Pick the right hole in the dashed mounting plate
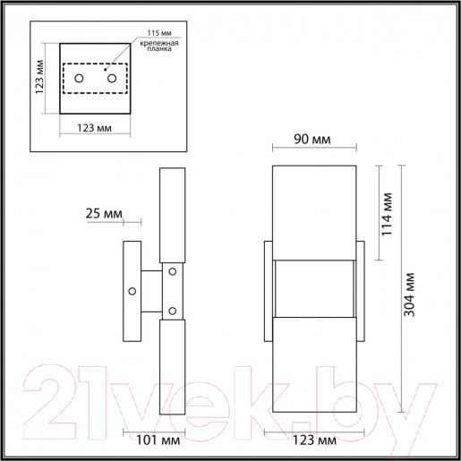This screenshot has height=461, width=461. click(x=112, y=80)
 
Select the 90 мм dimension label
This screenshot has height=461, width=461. click(x=313, y=139)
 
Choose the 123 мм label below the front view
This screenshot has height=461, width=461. click(x=314, y=440)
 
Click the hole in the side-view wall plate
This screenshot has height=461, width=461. click(x=132, y=290)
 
